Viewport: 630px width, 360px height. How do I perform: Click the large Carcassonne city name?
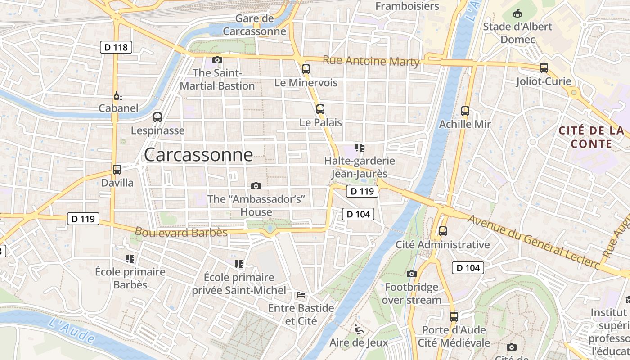point(198,155)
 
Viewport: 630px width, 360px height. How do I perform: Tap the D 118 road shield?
point(116,47)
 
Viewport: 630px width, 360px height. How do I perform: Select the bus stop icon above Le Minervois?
point(306,69)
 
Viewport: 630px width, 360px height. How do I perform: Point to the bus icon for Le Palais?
point(320,109)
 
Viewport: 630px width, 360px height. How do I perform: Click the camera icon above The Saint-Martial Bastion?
point(217,60)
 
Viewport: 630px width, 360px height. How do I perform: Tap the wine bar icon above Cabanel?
point(118,95)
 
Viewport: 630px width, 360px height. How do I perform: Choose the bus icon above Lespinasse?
point(157,117)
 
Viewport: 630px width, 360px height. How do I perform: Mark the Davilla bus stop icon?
point(117,170)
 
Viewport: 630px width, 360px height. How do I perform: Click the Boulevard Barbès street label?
point(181,232)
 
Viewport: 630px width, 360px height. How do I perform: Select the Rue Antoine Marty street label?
point(371,61)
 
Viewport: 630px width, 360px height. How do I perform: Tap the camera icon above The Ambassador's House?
point(256,186)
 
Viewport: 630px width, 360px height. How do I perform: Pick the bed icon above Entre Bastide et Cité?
point(301,295)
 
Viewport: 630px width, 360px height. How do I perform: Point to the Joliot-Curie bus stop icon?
point(544,68)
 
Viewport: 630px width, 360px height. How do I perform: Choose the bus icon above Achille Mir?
point(465,111)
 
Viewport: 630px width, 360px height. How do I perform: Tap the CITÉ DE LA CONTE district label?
point(591,137)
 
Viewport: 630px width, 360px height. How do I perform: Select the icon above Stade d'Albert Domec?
point(517,13)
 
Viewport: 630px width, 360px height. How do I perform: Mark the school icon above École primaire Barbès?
point(130,259)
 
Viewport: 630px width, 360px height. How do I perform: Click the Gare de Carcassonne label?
point(255,25)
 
